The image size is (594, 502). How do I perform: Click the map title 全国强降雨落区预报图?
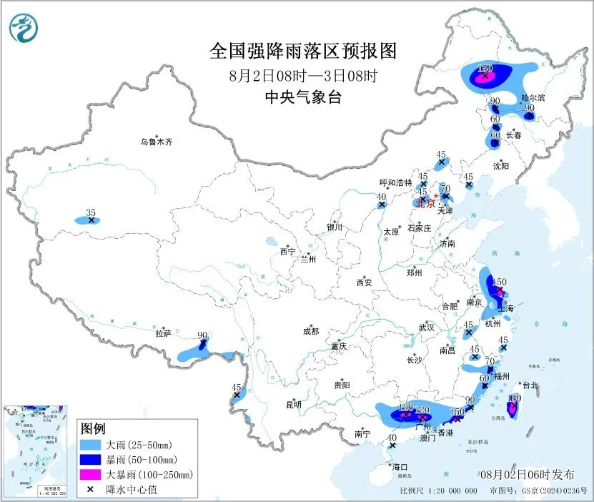point(302,51)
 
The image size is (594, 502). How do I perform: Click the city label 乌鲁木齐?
point(156,142)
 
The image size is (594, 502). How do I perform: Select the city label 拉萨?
point(164,333)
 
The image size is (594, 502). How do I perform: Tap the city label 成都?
point(311,331)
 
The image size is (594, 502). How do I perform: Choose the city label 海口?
point(400,467)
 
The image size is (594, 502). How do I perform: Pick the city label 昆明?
point(294,405)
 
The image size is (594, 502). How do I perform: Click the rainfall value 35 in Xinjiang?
point(90,212)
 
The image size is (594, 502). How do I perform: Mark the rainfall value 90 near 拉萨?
point(202,335)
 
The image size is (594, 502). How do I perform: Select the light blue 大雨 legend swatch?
point(89,445)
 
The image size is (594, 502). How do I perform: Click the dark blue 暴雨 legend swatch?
point(89,459)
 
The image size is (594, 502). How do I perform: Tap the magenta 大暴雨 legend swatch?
point(89,474)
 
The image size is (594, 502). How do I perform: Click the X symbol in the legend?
point(89,489)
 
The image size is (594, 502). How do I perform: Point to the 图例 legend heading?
point(93,429)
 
